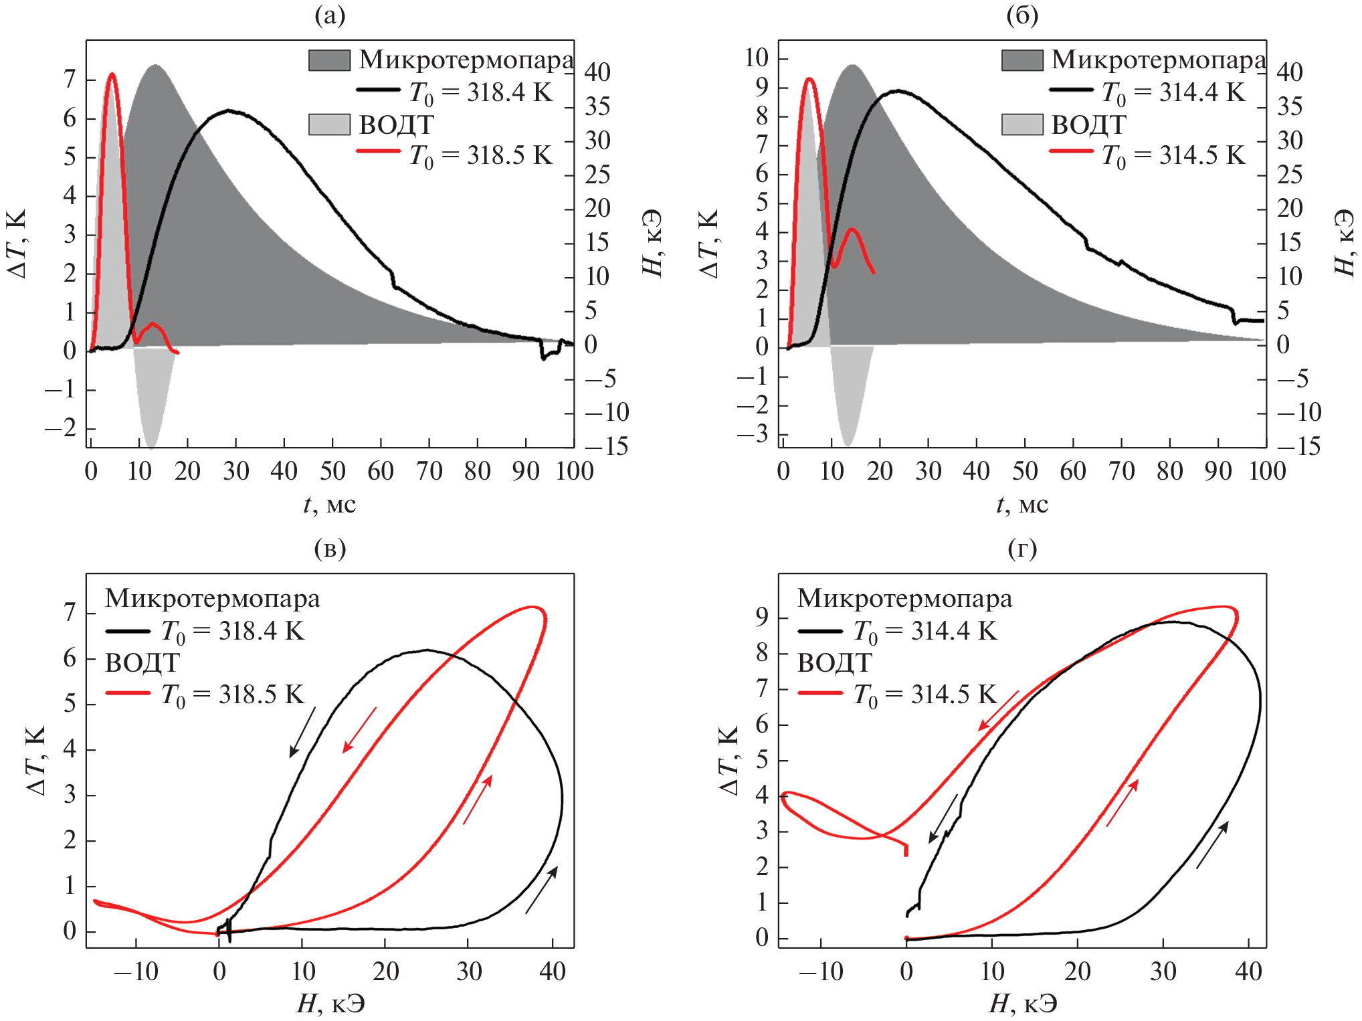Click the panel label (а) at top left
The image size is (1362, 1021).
(x=330, y=15)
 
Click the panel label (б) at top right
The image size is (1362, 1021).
(x=1022, y=15)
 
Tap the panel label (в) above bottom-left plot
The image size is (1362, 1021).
(x=330, y=549)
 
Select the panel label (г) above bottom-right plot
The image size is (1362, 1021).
(x=1022, y=549)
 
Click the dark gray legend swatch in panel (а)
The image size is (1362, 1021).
(x=329, y=60)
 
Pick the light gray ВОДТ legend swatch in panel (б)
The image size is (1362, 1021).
(x=1022, y=124)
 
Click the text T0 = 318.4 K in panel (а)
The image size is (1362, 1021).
(x=480, y=92)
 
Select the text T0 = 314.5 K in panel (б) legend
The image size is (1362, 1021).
(x=1173, y=156)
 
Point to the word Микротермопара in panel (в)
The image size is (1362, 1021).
(x=213, y=598)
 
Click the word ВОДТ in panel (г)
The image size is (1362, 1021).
(x=834, y=662)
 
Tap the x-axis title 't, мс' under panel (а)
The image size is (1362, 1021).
(x=330, y=504)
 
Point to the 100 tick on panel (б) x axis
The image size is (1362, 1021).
(x=1267, y=471)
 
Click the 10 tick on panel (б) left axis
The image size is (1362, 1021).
(x=757, y=58)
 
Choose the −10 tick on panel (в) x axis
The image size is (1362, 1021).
(x=136, y=971)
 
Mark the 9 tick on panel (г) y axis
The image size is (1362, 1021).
(x=762, y=616)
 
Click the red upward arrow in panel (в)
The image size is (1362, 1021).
(x=478, y=800)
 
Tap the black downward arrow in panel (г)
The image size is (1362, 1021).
(x=943, y=818)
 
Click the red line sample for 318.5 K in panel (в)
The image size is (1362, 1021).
(x=128, y=694)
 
